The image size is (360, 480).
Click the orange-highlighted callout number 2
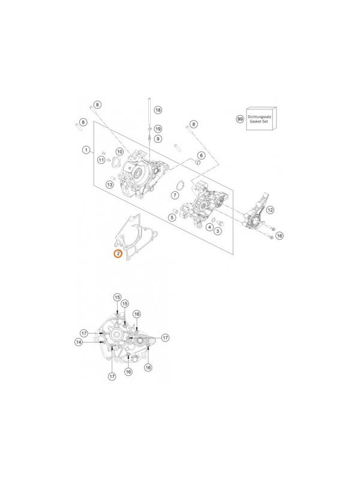tap(118, 253)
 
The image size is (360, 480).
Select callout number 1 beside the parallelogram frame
tap(86, 150)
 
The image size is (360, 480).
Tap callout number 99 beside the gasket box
tap(239, 119)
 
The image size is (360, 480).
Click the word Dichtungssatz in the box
tap(259, 116)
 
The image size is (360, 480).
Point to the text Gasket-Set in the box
tap(259, 122)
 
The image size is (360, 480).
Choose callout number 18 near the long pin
tap(158, 110)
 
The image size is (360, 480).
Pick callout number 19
tap(158, 129)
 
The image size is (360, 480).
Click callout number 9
tap(158, 139)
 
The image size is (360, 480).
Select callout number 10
tap(119, 152)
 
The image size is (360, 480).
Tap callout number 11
tap(101, 160)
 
